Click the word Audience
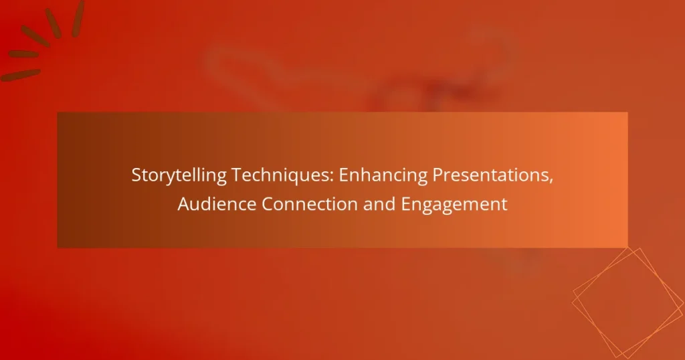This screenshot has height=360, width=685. [x=216, y=205]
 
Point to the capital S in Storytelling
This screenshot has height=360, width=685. [x=136, y=175]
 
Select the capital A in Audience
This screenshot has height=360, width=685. [x=183, y=205]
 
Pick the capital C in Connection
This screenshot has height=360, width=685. [x=267, y=205]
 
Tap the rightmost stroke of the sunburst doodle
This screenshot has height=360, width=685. [x=78, y=9]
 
